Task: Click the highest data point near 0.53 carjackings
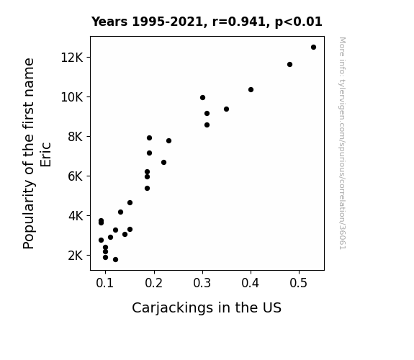[313, 48]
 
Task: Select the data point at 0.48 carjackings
[289, 65]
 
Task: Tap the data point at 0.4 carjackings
[251, 90]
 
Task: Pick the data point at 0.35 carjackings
[226, 109]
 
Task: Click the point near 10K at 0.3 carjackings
[202, 98]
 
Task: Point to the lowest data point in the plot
[115, 260]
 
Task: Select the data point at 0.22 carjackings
[163, 163]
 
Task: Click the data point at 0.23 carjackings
[168, 141]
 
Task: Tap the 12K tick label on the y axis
[72, 58]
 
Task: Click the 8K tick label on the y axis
[76, 137]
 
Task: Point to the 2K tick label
[76, 256]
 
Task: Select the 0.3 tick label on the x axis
[202, 283]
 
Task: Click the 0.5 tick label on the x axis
[299, 283]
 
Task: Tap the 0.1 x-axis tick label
[105, 283]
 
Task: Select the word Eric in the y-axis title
[45, 155]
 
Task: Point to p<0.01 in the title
[299, 22]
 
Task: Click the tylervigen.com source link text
[342, 143]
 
